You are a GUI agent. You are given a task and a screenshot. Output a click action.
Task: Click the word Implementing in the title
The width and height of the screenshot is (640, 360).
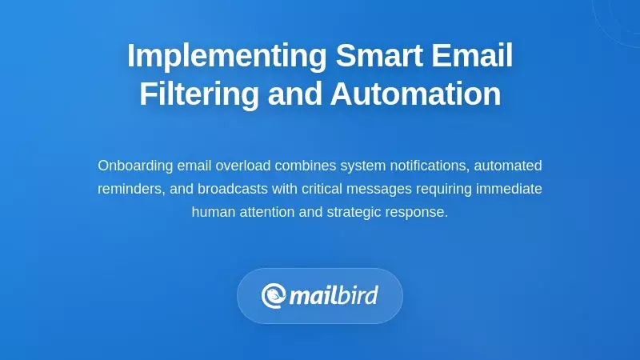point(226,56)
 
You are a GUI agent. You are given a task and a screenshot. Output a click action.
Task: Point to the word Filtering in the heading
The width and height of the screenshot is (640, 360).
point(199,94)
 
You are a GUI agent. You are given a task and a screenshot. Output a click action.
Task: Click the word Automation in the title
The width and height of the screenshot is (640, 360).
point(415,94)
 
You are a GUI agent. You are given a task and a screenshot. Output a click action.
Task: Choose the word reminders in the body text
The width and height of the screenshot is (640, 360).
point(129,189)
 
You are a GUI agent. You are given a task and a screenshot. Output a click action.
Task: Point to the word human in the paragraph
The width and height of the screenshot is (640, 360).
point(212,212)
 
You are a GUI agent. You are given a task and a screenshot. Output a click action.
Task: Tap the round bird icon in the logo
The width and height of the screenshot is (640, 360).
point(274,296)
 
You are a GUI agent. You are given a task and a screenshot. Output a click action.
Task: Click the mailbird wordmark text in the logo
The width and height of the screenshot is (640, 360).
point(333,295)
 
